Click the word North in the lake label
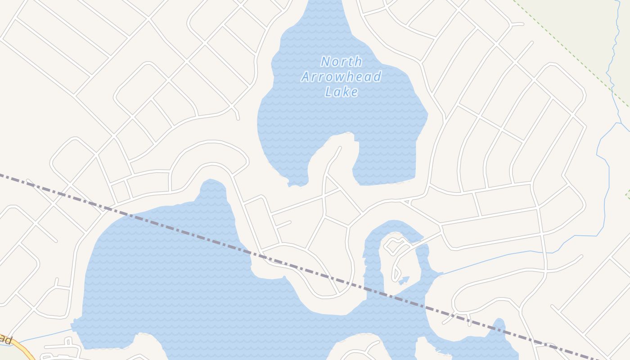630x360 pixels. (342, 61)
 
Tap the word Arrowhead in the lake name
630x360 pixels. (341, 76)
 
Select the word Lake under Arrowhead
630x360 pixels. (342, 92)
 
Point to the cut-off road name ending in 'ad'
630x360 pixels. (5, 340)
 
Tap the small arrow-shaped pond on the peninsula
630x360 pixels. (404, 280)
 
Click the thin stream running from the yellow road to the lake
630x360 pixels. (45, 335)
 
